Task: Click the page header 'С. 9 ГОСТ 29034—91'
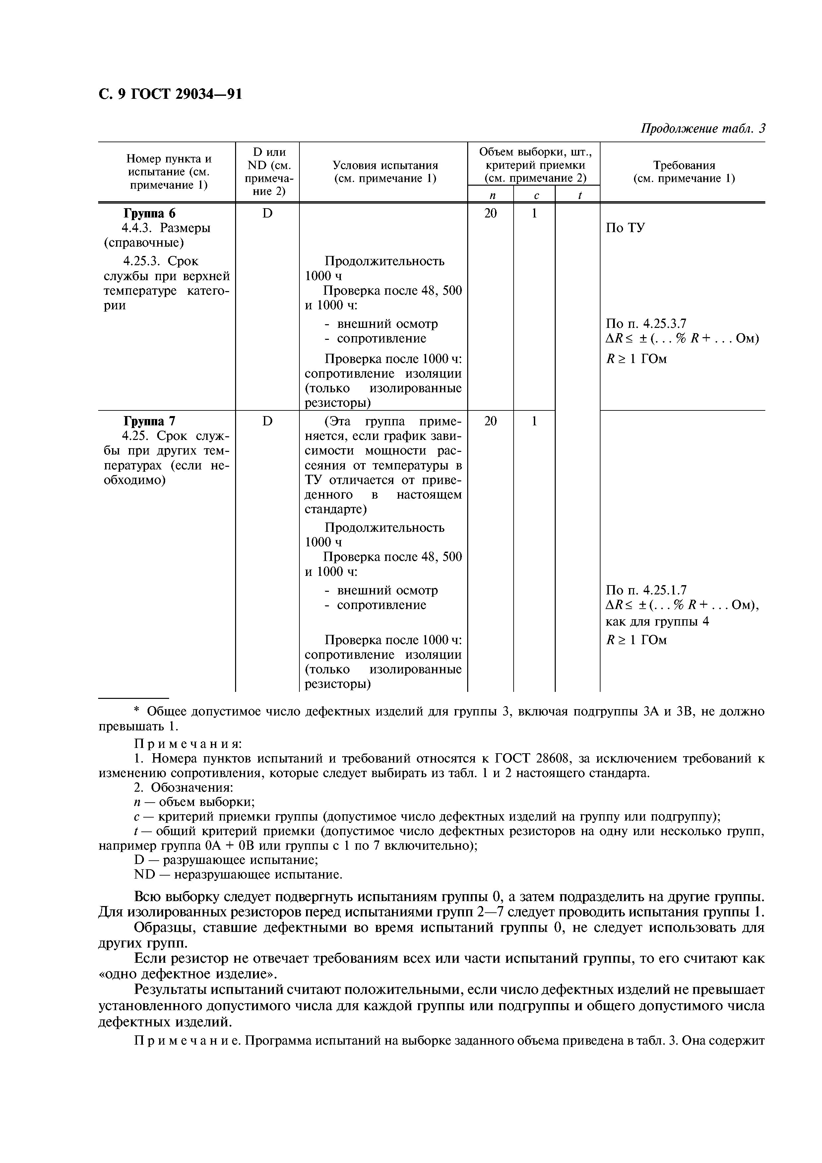coord(170,94)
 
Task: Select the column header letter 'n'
coord(490,195)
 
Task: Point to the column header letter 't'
coord(579,195)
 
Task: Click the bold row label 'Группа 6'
coord(151,213)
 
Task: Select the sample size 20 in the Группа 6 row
coord(490,213)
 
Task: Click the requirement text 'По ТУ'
coord(625,228)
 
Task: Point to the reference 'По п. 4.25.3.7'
coord(646,324)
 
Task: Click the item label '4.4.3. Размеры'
coord(167,228)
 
